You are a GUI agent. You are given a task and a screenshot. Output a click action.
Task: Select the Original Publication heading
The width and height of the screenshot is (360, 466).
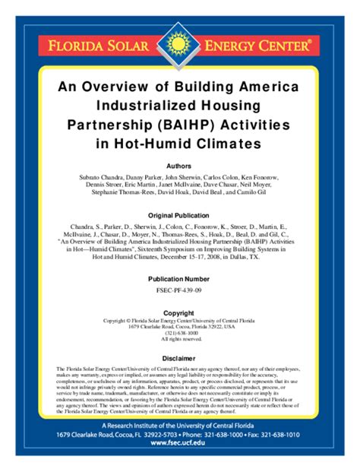coord(179,215)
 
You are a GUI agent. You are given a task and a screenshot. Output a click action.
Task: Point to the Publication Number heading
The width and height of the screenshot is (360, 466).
coord(179,279)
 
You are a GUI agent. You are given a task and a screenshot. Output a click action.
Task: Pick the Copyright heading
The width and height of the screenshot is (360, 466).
coord(179,312)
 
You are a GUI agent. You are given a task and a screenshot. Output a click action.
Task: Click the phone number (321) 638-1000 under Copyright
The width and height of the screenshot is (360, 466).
coord(179,331)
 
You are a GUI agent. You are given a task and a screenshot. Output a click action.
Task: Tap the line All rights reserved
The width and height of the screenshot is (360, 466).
coord(179,338)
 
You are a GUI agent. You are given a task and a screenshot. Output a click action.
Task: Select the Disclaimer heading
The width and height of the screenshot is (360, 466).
coord(179,358)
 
